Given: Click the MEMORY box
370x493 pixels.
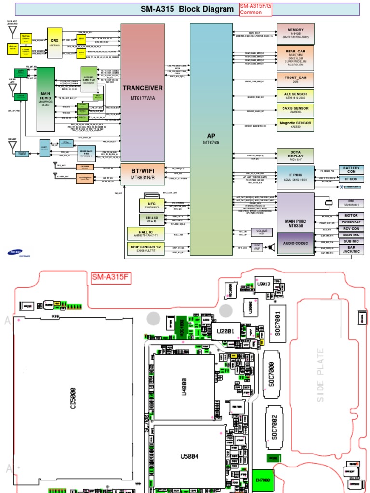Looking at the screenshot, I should click(296, 33).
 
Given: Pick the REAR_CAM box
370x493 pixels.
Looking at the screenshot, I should click(296, 58).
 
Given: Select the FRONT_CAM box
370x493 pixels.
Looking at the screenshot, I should click(296, 80).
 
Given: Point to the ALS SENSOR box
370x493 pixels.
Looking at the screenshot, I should click(296, 95).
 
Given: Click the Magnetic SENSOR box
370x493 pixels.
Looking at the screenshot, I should click(296, 125).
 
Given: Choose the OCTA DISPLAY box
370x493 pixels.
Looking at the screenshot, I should click(296, 155).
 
